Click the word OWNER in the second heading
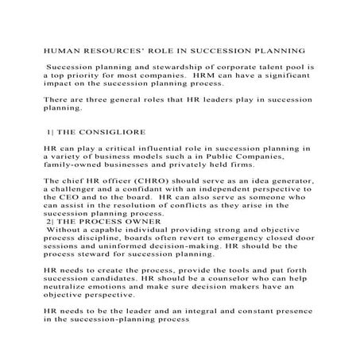click(141, 222)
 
